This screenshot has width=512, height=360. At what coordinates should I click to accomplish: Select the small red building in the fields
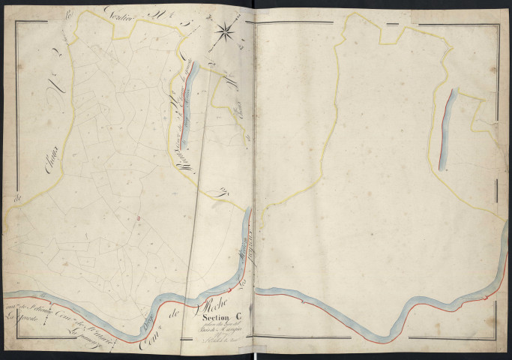[139, 218]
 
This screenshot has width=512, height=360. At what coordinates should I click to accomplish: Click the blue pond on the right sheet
[447, 128]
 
